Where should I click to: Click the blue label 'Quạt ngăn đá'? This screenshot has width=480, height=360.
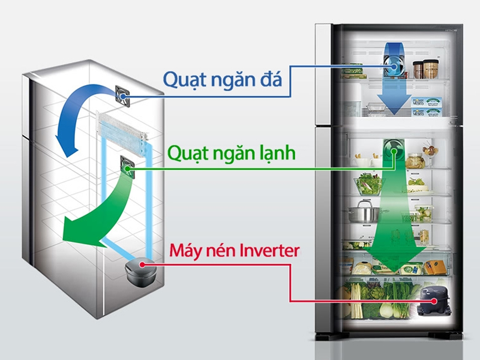pos(222,79)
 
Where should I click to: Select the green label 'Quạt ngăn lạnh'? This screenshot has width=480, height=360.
pos(231,154)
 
